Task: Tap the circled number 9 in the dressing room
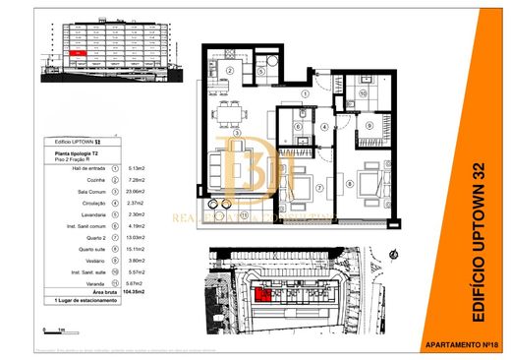point(369,126)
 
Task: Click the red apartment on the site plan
point(263,293)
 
